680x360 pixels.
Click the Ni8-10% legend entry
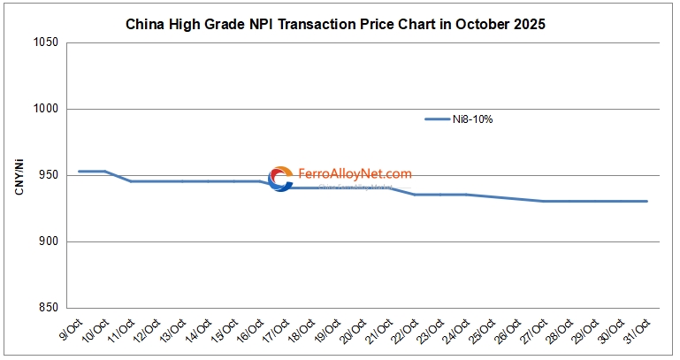(x=458, y=119)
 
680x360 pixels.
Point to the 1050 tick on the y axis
(x=47, y=42)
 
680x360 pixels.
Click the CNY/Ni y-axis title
(x=19, y=175)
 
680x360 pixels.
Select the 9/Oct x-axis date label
(x=71, y=333)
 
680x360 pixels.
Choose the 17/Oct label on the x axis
(x=276, y=334)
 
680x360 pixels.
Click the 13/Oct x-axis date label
(x=172, y=334)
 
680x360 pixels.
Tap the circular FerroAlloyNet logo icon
(x=280, y=179)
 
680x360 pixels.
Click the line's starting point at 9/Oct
(x=80, y=171)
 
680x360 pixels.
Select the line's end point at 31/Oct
(x=647, y=201)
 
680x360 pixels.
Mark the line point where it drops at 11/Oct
(x=131, y=181)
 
